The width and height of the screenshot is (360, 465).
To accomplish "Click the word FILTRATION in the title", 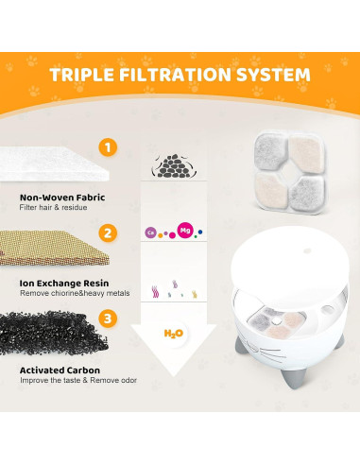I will coord(176,74).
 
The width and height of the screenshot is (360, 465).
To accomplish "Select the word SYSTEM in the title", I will coord(273,74).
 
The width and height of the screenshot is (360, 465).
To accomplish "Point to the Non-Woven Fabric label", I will coord(62,198).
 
